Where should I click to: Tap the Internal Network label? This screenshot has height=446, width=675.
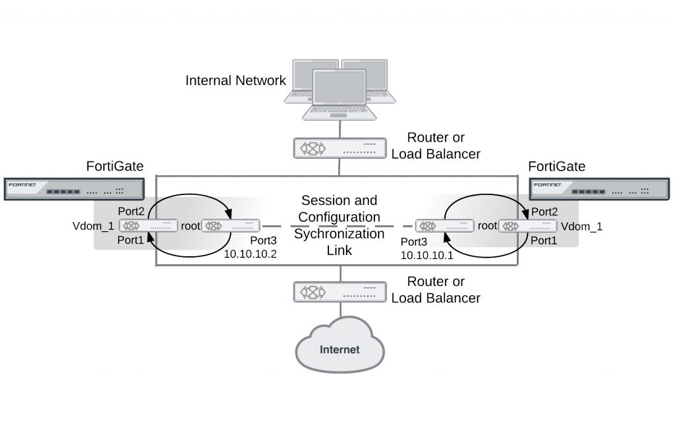coord(235,80)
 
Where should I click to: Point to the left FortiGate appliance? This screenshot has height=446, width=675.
coord(73,189)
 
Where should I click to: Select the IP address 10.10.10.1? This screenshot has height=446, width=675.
coord(426,254)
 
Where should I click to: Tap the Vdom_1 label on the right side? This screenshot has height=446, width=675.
coord(581,226)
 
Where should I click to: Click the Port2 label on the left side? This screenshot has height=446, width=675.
coord(131,211)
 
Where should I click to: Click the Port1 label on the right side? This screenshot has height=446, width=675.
coord(544,241)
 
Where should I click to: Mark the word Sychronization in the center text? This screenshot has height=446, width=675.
coord(339,233)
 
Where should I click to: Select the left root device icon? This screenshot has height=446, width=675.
coord(231,226)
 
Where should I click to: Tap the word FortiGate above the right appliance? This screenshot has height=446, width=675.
coord(556,166)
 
